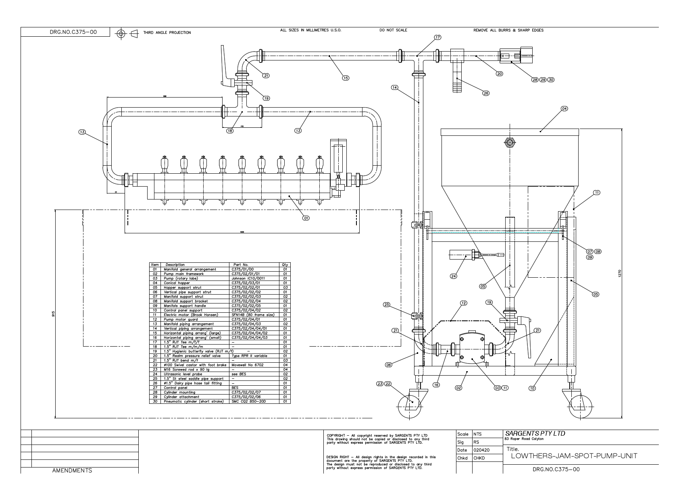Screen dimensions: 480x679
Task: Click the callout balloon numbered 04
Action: tap(564, 109)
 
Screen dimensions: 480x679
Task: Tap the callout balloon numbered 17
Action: tap(437, 37)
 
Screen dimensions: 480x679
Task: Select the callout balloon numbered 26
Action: tap(486, 93)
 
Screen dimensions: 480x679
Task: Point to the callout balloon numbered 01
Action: tap(306, 218)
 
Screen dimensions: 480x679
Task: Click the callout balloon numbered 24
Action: tap(454, 276)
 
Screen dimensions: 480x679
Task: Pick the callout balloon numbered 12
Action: tap(464, 303)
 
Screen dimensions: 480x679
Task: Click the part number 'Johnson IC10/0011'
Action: tap(248, 278)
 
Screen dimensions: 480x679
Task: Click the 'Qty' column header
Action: tap(285, 265)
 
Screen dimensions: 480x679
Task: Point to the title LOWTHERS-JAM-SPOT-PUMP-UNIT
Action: tap(574, 456)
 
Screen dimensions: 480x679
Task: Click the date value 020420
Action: tap(481, 450)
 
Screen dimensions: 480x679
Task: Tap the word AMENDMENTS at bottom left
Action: tap(72, 470)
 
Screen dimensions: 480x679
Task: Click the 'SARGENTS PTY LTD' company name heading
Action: tap(535, 434)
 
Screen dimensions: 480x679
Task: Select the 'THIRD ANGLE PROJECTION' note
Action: tap(167, 33)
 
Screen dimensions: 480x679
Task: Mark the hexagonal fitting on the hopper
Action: tap(509, 143)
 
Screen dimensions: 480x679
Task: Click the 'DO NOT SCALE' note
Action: tap(393, 30)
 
